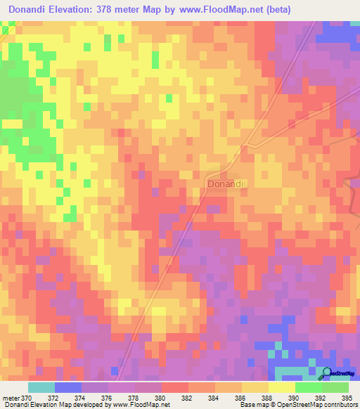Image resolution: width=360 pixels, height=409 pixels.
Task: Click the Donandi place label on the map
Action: (x=226, y=183)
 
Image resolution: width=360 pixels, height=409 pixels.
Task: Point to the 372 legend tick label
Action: (x=56, y=397)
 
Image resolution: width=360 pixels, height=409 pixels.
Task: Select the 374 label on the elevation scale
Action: (x=82, y=397)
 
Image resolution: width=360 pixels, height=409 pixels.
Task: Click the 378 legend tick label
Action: (x=136, y=397)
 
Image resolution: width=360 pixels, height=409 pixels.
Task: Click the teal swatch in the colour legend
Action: (x=41, y=387)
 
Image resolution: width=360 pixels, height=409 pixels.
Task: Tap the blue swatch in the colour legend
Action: (x=68, y=387)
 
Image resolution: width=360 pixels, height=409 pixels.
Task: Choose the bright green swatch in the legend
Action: (x=308, y=387)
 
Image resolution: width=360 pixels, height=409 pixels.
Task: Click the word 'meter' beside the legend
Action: (x=10, y=397)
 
